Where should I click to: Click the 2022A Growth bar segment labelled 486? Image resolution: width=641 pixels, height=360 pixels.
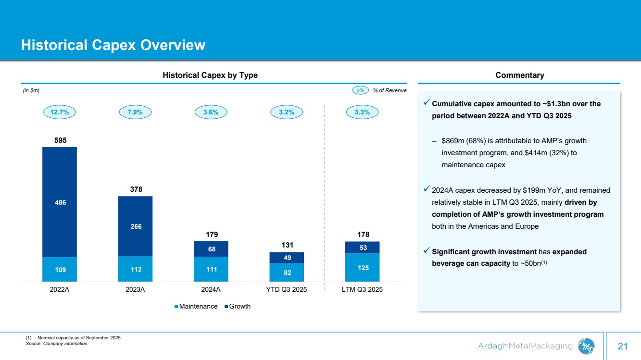click(60, 202)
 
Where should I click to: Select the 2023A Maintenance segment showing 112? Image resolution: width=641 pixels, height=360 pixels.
click(135, 269)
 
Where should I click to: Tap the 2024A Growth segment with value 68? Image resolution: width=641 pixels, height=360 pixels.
click(211, 249)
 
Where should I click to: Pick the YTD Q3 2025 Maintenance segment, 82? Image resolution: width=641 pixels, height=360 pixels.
click(287, 272)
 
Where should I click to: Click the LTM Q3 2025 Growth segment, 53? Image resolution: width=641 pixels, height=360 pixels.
click(362, 247)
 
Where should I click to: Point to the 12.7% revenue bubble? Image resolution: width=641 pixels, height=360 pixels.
click(60, 112)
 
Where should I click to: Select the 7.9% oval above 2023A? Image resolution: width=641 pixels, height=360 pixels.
click(136, 112)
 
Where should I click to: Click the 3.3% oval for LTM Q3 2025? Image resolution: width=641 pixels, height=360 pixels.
click(362, 112)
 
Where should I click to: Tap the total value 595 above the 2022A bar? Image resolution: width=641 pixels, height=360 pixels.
click(60, 140)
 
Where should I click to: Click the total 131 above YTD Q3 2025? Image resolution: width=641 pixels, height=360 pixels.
click(287, 245)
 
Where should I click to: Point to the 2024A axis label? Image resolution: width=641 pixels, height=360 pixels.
click(211, 290)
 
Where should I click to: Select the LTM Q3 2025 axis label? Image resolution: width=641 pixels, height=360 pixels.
click(362, 290)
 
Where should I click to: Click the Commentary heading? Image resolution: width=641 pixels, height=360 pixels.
click(519, 75)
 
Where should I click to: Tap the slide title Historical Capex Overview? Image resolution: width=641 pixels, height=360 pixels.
click(113, 45)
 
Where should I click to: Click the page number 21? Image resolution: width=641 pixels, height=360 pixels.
click(623, 346)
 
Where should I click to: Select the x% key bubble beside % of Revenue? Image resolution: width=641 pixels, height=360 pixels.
click(360, 90)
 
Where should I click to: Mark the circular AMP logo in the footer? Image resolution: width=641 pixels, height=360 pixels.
click(586, 345)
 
